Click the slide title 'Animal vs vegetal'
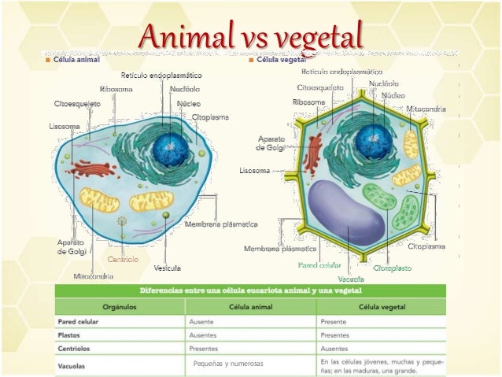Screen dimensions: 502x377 (x=251, y=36)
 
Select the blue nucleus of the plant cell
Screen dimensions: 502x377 (x=372, y=142)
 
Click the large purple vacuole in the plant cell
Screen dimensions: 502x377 (x=345, y=211)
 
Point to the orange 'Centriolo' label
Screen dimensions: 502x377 (x=123, y=259)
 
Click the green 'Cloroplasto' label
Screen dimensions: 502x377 (x=392, y=268)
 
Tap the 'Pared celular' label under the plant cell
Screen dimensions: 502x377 (x=320, y=266)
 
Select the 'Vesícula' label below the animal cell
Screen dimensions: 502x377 (x=167, y=268)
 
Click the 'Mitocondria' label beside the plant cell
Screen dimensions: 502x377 (x=428, y=108)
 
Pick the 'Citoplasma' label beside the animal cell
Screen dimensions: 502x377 (x=210, y=117)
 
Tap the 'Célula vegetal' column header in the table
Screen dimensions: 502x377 (x=382, y=306)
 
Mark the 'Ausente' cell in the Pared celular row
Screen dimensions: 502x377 (x=202, y=321)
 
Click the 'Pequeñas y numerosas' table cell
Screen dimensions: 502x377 (x=228, y=364)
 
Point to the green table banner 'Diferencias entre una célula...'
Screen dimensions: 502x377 (x=250, y=290)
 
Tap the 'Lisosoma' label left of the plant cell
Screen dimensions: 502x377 (x=254, y=170)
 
